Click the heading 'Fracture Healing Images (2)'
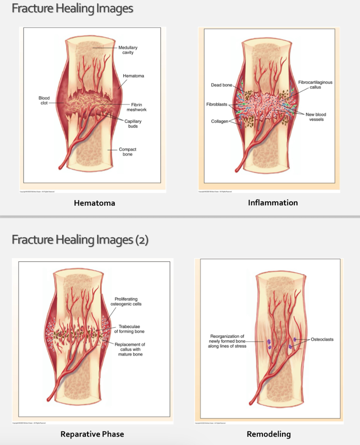[x=80, y=240]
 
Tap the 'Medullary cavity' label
[x=128, y=50]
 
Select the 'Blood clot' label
[x=44, y=100]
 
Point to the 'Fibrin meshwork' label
[x=136, y=107]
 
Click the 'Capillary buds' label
[x=133, y=123]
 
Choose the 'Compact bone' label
[x=127, y=152]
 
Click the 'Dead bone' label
[x=221, y=85]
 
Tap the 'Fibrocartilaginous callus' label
[x=315, y=84]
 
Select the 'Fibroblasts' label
[x=217, y=104]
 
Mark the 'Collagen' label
[x=219, y=121]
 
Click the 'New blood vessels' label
[x=316, y=117]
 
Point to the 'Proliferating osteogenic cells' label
[x=126, y=301]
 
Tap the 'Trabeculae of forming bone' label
[x=129, y=329]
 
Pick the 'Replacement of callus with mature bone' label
[x=130, y=349]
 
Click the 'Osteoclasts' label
[x=322, y=339]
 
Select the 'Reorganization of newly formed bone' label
[x=227, y=341]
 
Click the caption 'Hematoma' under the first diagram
[x=94, y=203]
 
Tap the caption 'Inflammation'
[x=273, y=203]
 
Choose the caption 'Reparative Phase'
[x=92, y=434]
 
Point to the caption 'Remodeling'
[x=269, y=434]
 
